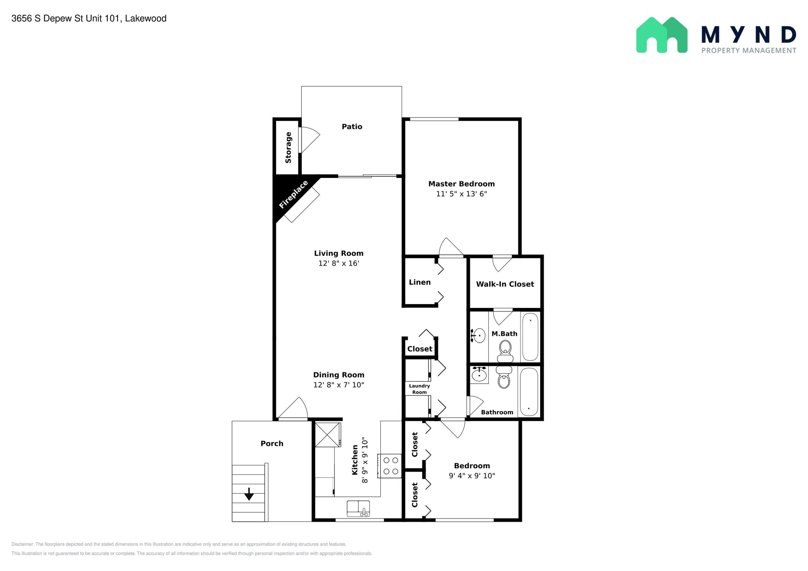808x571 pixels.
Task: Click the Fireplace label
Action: tap(294, 194)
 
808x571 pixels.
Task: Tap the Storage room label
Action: tap(288, 147)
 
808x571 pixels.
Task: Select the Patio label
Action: tap(352, 127)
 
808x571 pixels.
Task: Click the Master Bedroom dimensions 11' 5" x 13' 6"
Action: tap(462, 194)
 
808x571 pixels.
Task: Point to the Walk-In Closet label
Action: tap(505, 284)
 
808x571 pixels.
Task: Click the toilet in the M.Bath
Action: tap(505, 351)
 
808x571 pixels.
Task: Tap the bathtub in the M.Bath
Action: tap(530, 337)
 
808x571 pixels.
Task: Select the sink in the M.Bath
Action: tap(478, 336)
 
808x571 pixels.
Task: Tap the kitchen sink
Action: tap(358, 509)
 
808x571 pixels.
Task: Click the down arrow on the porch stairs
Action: tap(249, 494)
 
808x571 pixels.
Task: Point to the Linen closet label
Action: tap(420, 282)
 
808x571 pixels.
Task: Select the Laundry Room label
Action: tap(419, 389)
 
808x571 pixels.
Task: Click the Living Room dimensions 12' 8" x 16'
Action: tap(339, 263)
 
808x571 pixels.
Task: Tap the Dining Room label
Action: tap(339, 375)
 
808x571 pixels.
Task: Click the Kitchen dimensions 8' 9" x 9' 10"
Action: tap(365, 461)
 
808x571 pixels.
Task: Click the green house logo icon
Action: tap(662, 35)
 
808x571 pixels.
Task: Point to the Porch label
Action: tap(272, 444)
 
